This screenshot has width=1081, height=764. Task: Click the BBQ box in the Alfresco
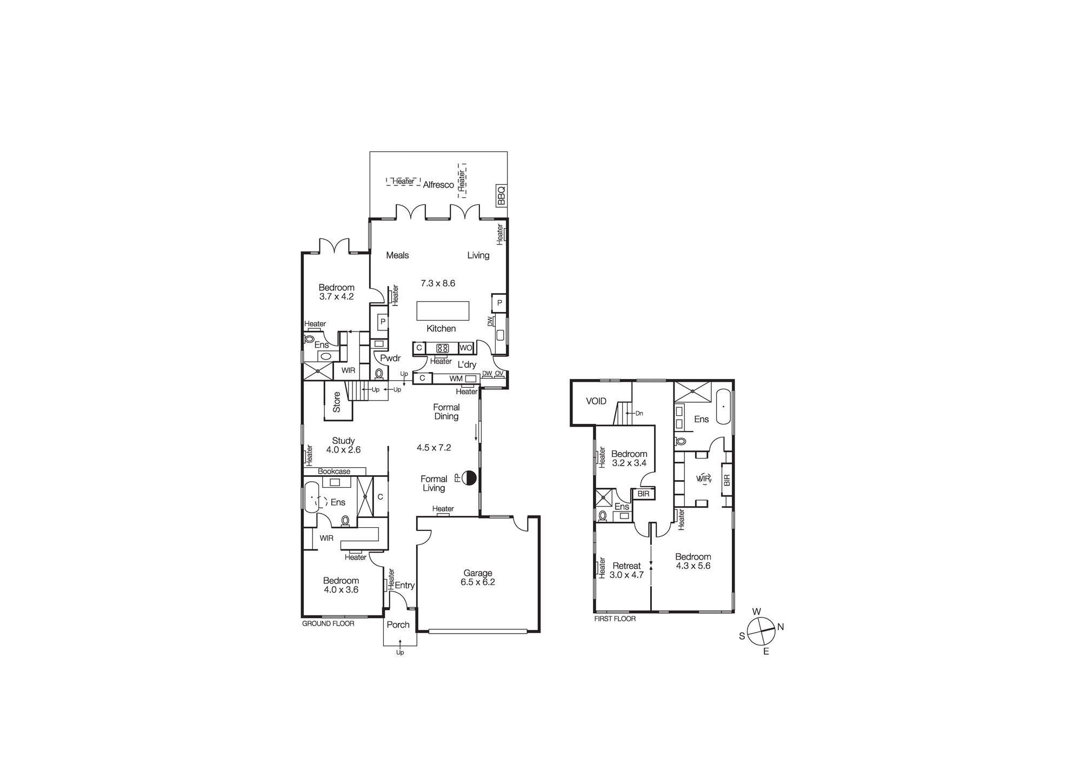[501, 196]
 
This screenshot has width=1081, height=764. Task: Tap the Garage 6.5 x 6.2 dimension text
[478, 582]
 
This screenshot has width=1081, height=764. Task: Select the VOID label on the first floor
[596, 401]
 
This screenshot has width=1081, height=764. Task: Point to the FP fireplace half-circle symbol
[469, 477]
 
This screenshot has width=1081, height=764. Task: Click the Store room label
[337, 402]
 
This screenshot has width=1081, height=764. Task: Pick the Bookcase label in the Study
[334, 471]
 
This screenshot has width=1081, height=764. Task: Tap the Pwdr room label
[390, 358]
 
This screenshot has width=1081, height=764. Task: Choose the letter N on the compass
[780, 627]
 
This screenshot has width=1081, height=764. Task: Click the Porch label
[398, 625]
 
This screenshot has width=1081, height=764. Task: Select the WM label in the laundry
[456, 379]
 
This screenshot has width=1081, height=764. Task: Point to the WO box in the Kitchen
[466, 348]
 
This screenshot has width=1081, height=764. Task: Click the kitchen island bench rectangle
[443, 311]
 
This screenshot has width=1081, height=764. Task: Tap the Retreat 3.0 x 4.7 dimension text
[626, 575]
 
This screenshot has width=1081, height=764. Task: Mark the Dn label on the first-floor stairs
[639, 414]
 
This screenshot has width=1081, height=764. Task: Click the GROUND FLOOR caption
[328, 623]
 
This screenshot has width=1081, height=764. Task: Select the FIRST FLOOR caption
[615, 619]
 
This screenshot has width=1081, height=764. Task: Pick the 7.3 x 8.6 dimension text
[438, 283]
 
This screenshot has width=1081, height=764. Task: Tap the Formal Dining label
[446, 412]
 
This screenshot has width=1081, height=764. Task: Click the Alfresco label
[438, 185]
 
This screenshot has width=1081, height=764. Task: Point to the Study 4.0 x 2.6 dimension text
[343, 450]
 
